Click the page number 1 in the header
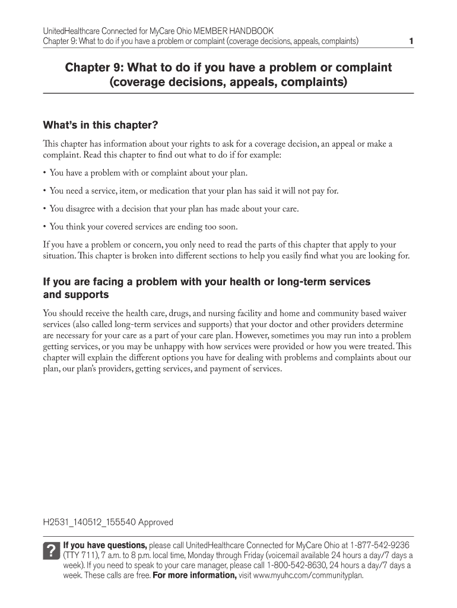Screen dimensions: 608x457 coord(411,41)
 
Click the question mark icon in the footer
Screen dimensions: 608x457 coord(51,550)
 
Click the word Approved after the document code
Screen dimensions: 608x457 coord(156,522)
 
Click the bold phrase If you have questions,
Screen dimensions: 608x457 coord(105,545)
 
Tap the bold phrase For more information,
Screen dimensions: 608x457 coord(195,575)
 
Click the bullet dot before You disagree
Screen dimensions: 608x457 coord(45,209)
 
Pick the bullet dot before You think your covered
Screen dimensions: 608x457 coord(45,227)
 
